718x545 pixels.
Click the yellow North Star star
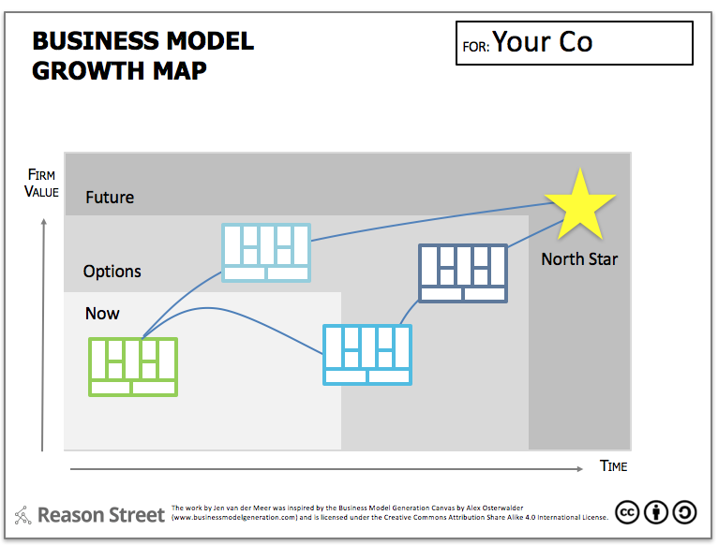pos(580,206)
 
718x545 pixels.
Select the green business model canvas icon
pos(133,367)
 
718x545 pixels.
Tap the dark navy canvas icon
pos(463,273)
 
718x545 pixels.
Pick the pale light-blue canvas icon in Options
pos(266,253)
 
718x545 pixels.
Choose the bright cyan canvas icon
pos(367,355)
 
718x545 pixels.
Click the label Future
pos(110,198)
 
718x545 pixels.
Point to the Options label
pos(112,272)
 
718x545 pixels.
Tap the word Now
pos(102,314)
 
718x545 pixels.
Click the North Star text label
pos(579,259)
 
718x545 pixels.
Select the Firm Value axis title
pos(41,183)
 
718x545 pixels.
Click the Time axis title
pos(614,466)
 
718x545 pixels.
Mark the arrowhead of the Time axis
pos(580,468)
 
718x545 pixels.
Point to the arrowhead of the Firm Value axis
pos(44,221)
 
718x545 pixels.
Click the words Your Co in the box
pos(543,42)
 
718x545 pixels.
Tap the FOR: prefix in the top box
pos(476,47)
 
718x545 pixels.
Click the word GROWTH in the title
pos(88,71)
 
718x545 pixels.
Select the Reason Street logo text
pos(100,515)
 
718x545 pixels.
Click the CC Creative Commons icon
pos(627,512)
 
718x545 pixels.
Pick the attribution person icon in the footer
pos(656,512)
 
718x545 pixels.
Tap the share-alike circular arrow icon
pos(685,512)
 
